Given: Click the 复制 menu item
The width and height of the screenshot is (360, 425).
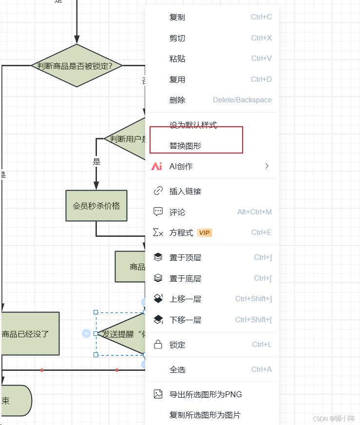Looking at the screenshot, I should (177, 18).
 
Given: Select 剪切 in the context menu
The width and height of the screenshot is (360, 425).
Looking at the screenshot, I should (177, 38).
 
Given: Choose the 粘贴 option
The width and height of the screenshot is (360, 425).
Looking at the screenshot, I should (177, 59).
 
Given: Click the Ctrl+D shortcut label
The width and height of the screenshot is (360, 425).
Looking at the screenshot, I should (261, 79).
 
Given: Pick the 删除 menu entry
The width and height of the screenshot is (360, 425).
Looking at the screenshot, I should (177, 100).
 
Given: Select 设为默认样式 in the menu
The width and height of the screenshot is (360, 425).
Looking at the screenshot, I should (193, 125).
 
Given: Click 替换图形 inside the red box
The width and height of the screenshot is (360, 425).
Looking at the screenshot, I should (185, 146).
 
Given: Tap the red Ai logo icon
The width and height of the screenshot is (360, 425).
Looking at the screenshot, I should (157, 166).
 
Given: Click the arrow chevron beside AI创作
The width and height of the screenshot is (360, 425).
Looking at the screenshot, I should (266, 166).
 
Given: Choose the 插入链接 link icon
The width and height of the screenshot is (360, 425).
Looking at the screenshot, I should (158, 191).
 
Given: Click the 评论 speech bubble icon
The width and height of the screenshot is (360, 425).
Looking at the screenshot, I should (158, 212).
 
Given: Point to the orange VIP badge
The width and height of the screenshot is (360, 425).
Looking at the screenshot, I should (205, 233).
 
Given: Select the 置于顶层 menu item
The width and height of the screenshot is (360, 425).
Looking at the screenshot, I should (185, 258).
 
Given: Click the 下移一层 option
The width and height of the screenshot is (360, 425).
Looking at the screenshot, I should (185, 320).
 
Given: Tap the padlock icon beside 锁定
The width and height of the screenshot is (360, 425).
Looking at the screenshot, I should (158, 345).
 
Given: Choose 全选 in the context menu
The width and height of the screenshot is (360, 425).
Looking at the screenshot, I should (177, 370).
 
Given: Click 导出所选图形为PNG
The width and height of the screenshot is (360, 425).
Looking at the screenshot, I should (206, 395).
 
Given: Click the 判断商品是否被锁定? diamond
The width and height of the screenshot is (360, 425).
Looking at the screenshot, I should (77, 66).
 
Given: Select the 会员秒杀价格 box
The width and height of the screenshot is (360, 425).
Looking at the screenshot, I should (96, 206).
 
